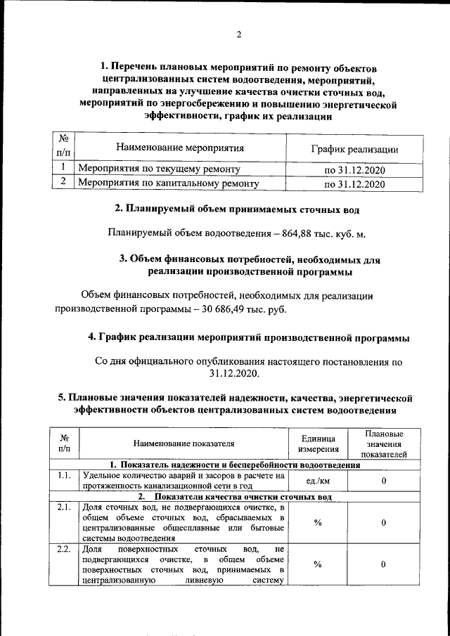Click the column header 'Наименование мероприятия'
tap(179, 148)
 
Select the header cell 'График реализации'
tap(354, 149)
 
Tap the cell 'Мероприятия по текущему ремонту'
tap(159, 169)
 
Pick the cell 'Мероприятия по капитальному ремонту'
tap(168, 184)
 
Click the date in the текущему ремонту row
tap(354, 170)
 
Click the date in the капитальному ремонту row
tap(354, 184)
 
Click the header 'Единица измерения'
tap(319, 443)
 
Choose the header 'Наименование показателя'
tap(184, 443)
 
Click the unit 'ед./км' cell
tap(319, 481)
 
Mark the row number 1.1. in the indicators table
tap(65, 476)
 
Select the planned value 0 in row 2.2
tap(384, 564)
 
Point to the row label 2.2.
tap(65, 549)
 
